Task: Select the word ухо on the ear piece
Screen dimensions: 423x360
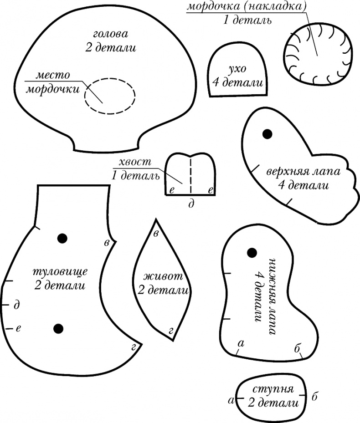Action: (x=237, y=69)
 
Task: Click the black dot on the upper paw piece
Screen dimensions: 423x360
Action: (x=267, y=133)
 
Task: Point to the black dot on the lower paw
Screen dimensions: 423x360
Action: (x=251, y=252)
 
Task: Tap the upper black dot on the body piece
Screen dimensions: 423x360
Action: (x=62, y=238)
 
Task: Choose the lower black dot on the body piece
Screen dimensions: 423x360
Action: (x=58, y=328)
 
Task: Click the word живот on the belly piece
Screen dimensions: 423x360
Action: (x=163, y=276)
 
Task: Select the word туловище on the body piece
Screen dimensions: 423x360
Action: (x=61, y=272)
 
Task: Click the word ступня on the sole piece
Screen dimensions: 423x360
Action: (x=273, y=390)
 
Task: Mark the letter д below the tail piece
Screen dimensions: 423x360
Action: (x=191, y=204)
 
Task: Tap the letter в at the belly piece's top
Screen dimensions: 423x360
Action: (x=156, y=234)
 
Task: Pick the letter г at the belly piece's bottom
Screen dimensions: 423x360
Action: (x=170, y=331)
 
